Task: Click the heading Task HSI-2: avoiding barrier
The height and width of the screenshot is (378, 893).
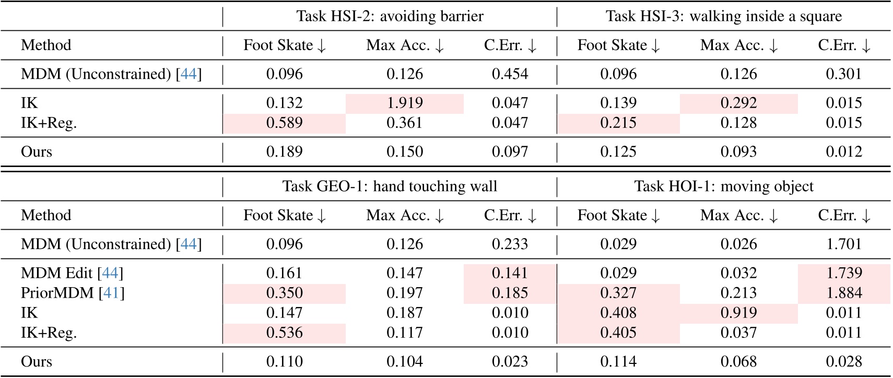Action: pyautogui.click(x=390, y=16)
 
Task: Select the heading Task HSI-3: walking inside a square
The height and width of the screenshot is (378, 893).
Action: pyautogui.click(x=723, y=16)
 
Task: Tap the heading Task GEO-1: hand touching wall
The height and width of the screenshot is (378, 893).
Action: pyautogui.click(x=390, y=186)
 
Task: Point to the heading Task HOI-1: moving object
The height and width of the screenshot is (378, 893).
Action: pyautogui.click(x=723, y=186)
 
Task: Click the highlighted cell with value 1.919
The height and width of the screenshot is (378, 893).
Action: pyautogui.click(x=405, y=103)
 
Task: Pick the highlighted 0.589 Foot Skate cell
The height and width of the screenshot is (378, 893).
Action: pyautogui.click(x=284, y=123)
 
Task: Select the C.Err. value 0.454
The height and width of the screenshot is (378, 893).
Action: pyautogui.click(x=510, y=74)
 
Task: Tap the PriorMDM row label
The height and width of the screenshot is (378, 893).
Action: pyautogui.click(x=57, y=293)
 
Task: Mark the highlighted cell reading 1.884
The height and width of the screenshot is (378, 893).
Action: pyautogui.click(x=843, y=293)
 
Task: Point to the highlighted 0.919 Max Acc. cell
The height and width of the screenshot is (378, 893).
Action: pyautogui.click(x=738, y=313)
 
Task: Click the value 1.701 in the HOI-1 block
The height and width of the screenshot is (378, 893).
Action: pyautogui.click(x=843, y=244)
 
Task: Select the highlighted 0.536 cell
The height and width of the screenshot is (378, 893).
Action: pyautogui.click(x=284, y=333)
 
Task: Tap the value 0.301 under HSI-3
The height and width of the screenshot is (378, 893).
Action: pyautogui.click(x=843, y=74)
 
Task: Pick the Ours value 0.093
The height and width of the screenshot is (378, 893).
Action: pyautogui.click(x=738, y=152)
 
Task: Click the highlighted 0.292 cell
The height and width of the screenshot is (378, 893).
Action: pyautogui.click(x=738, y=103)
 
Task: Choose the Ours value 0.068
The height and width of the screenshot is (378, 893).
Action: pyautogui.click(x=738, y=362)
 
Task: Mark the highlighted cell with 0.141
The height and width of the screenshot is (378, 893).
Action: pyautogui.click(x=510, y=273)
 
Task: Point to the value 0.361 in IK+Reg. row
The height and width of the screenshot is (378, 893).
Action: pyautogui.click(x=405, y=123)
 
